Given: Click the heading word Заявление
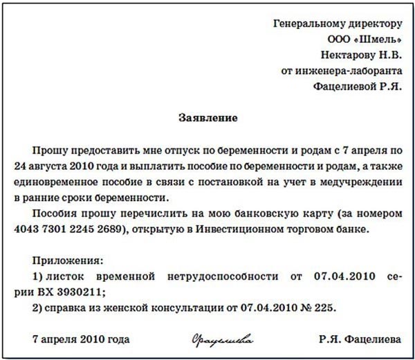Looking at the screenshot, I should click(207, 118).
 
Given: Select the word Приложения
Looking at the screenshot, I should click(68, 260).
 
